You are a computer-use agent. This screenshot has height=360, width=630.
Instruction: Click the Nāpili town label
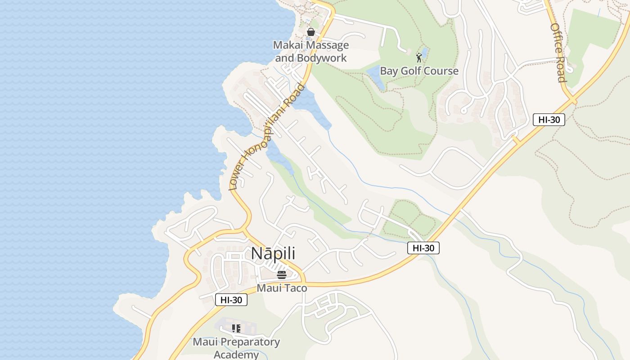point(273,253)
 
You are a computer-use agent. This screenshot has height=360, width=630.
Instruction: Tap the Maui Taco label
point(282,288)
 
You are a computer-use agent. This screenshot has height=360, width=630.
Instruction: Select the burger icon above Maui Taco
point(282,275)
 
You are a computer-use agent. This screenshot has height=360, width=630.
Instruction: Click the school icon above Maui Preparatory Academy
point(236,329)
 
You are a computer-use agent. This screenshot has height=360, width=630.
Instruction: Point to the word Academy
point(236,355)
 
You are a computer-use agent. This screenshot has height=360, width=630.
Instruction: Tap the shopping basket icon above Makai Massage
point(310,32)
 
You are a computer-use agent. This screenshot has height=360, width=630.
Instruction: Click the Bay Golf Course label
point(419,71)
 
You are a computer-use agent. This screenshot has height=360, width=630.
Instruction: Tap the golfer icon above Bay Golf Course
point(419,58)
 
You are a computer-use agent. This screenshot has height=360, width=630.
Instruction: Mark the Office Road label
point(558,53)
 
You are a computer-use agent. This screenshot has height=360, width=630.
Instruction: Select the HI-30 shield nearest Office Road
point(549,119)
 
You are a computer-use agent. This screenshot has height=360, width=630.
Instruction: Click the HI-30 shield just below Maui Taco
point(231,300)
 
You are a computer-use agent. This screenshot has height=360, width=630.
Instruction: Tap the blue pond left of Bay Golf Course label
point(375,76)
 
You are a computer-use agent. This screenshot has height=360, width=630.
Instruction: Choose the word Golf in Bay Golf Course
point(414,71)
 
